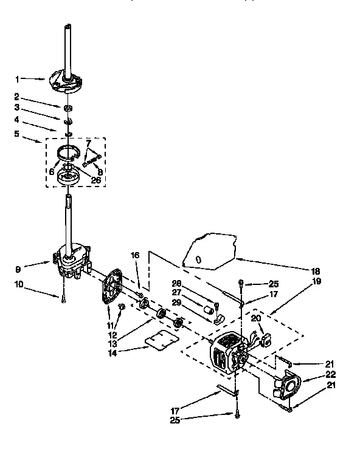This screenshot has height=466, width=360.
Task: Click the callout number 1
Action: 18,78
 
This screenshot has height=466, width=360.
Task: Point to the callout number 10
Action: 19,284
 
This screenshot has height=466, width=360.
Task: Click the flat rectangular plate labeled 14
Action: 163,343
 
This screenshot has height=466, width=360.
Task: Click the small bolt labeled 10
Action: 63,299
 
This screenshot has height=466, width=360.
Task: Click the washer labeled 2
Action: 68,108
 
